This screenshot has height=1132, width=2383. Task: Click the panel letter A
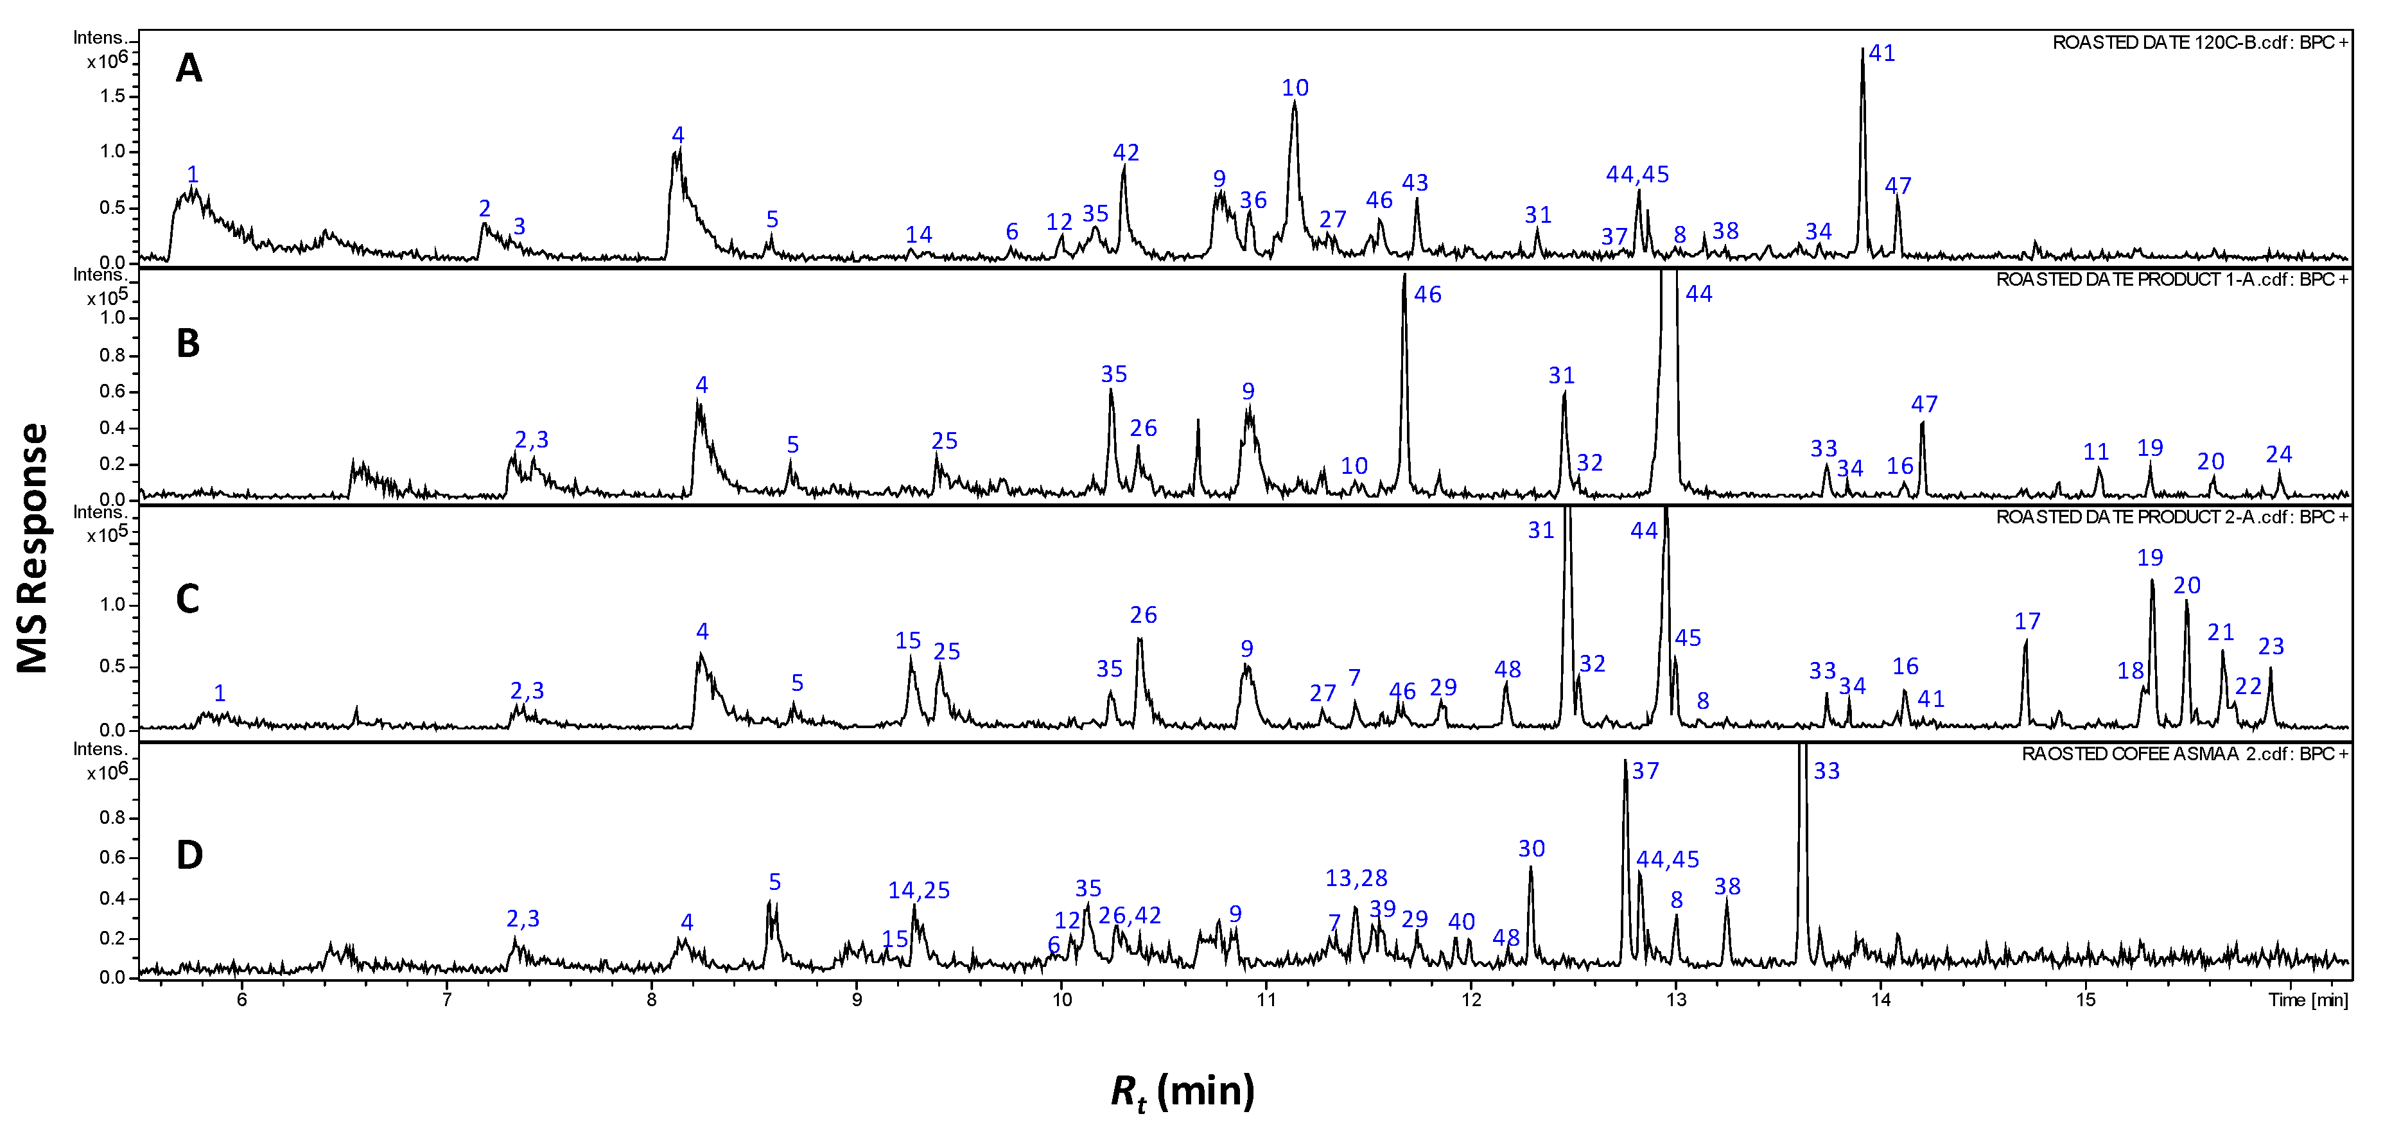[x=189, y=69]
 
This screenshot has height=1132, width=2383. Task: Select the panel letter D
[x=189, y=855]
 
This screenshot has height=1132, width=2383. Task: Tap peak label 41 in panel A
[x=1881, y=54]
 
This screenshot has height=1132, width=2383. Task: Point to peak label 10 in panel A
[x=1294, y=88]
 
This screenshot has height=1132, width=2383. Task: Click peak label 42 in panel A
[x=1126, y=153]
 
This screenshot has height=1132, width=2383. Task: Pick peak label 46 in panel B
[x=1427, y=295]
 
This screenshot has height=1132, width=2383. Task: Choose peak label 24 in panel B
[x=2278, y=454]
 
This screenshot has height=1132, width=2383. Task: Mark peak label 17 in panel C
[x=2027, y=622]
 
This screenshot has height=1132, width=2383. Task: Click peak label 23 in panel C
[x=2271, y=647]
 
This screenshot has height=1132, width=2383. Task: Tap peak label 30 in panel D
[x=1531, y=849]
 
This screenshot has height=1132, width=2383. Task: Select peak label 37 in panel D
[x=1645, y=771]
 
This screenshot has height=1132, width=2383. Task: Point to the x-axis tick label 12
[x=1471, y=1000]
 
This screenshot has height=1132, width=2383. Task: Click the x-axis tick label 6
[x=242, y=1000]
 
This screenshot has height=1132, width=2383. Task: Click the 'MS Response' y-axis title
[x=33, y=548]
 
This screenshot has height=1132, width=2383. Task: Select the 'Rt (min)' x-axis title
[x=1182, y=1092]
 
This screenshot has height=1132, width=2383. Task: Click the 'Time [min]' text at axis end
[x=2307, y=1000]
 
